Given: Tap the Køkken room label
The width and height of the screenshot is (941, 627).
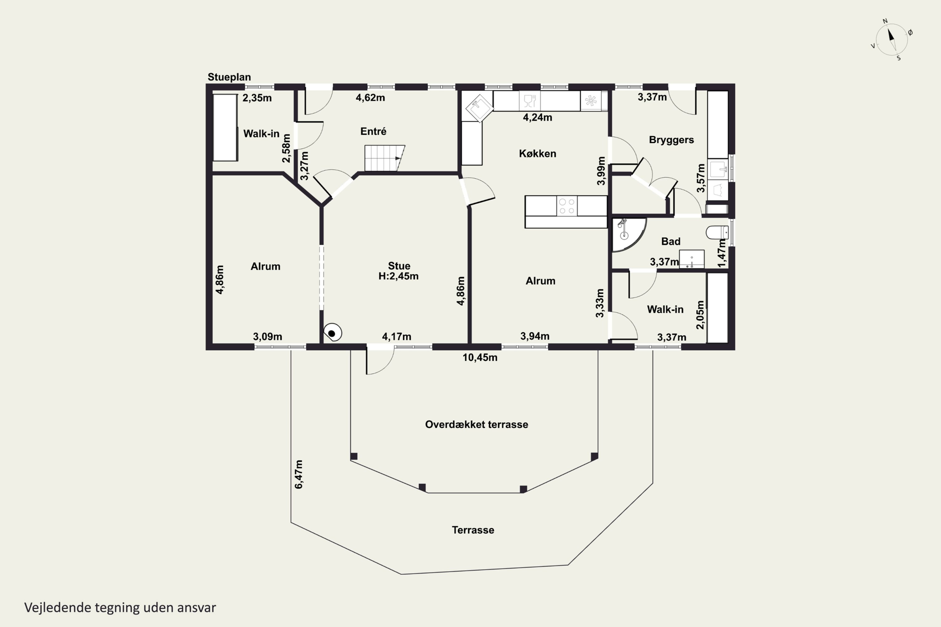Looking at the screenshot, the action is (537, 154).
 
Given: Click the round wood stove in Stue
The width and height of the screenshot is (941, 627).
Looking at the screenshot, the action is (332, 332).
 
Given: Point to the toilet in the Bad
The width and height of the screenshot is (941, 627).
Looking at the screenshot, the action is (717, 232).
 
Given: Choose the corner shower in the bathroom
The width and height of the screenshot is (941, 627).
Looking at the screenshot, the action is (628, 235).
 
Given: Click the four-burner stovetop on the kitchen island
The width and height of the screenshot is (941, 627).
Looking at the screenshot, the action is (567, 206).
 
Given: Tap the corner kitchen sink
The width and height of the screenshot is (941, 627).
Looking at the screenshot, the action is (479, 107).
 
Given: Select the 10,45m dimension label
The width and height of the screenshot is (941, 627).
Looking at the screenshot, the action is (480, 357).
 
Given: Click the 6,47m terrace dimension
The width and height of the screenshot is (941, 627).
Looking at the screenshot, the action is (299, 474).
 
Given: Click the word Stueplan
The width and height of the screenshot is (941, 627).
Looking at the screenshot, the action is (229, 77).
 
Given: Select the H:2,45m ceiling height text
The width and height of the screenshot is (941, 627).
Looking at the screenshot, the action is (398, 276).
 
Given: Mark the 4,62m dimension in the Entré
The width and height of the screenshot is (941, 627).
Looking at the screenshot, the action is (370, 97).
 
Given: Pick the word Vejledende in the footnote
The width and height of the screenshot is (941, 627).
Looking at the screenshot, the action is (58, 608).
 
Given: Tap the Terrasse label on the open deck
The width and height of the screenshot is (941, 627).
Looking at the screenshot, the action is (473, 530).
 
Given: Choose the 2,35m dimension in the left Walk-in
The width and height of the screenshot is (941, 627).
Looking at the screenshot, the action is (257, 98).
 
